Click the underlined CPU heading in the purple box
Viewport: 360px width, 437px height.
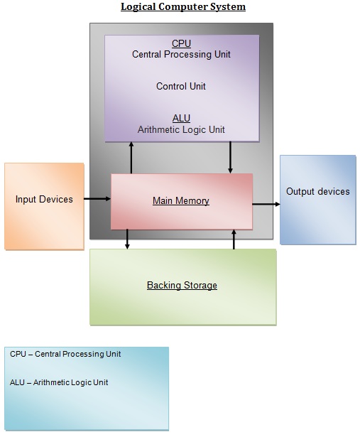(181, 43)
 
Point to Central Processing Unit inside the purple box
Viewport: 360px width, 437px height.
(181, 54)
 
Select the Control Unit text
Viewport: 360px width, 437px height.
(181, 87)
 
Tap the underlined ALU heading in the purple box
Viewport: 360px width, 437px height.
(181, 119)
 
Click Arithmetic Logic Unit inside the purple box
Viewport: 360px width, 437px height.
(181, 129)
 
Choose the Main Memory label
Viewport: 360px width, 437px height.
(181, 201)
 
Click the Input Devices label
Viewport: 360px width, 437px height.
(44, 200)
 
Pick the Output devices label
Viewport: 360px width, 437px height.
(317, 191)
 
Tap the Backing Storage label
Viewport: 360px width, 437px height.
(182, 286)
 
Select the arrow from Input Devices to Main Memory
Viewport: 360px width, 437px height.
(97, 200)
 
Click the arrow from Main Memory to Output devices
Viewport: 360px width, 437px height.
(266, 205)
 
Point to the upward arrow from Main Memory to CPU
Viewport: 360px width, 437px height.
(131, 157)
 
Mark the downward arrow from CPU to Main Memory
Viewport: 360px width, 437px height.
(231, 157)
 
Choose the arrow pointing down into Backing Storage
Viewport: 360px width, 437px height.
(127, 239)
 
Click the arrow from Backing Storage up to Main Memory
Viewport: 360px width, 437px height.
(234, 239)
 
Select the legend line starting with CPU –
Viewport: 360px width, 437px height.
(65, 354)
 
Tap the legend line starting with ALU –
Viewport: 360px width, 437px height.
(59, 382)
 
